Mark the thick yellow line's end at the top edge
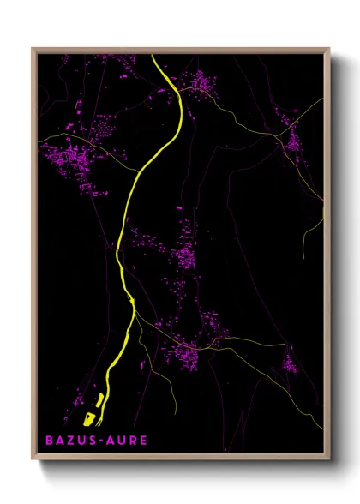153,57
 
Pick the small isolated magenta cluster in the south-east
290,363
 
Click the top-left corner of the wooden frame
33,49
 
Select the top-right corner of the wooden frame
330,49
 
